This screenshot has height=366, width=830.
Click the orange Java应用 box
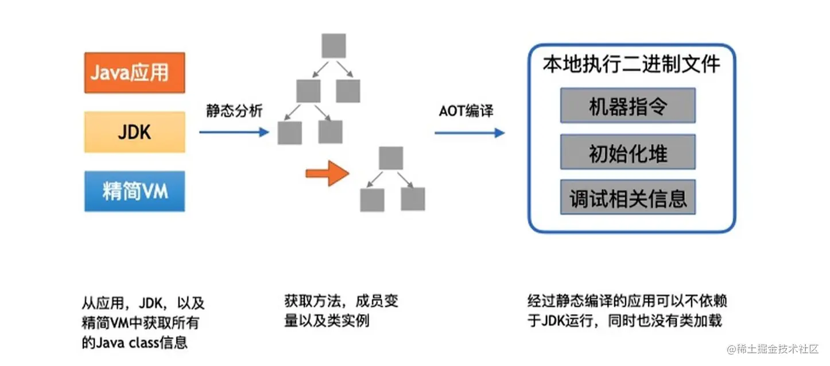134,73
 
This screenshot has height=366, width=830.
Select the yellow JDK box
134,132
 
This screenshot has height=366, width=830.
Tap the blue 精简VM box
134,191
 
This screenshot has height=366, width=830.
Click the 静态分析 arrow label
234,111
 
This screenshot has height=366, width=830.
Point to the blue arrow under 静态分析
234,133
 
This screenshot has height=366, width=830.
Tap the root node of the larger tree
333,46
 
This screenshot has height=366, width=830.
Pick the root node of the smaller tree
391,158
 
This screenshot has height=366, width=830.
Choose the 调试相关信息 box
628,198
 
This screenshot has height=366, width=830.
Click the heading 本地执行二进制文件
631,64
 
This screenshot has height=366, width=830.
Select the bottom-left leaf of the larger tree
289,133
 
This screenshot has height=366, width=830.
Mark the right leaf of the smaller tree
413,199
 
